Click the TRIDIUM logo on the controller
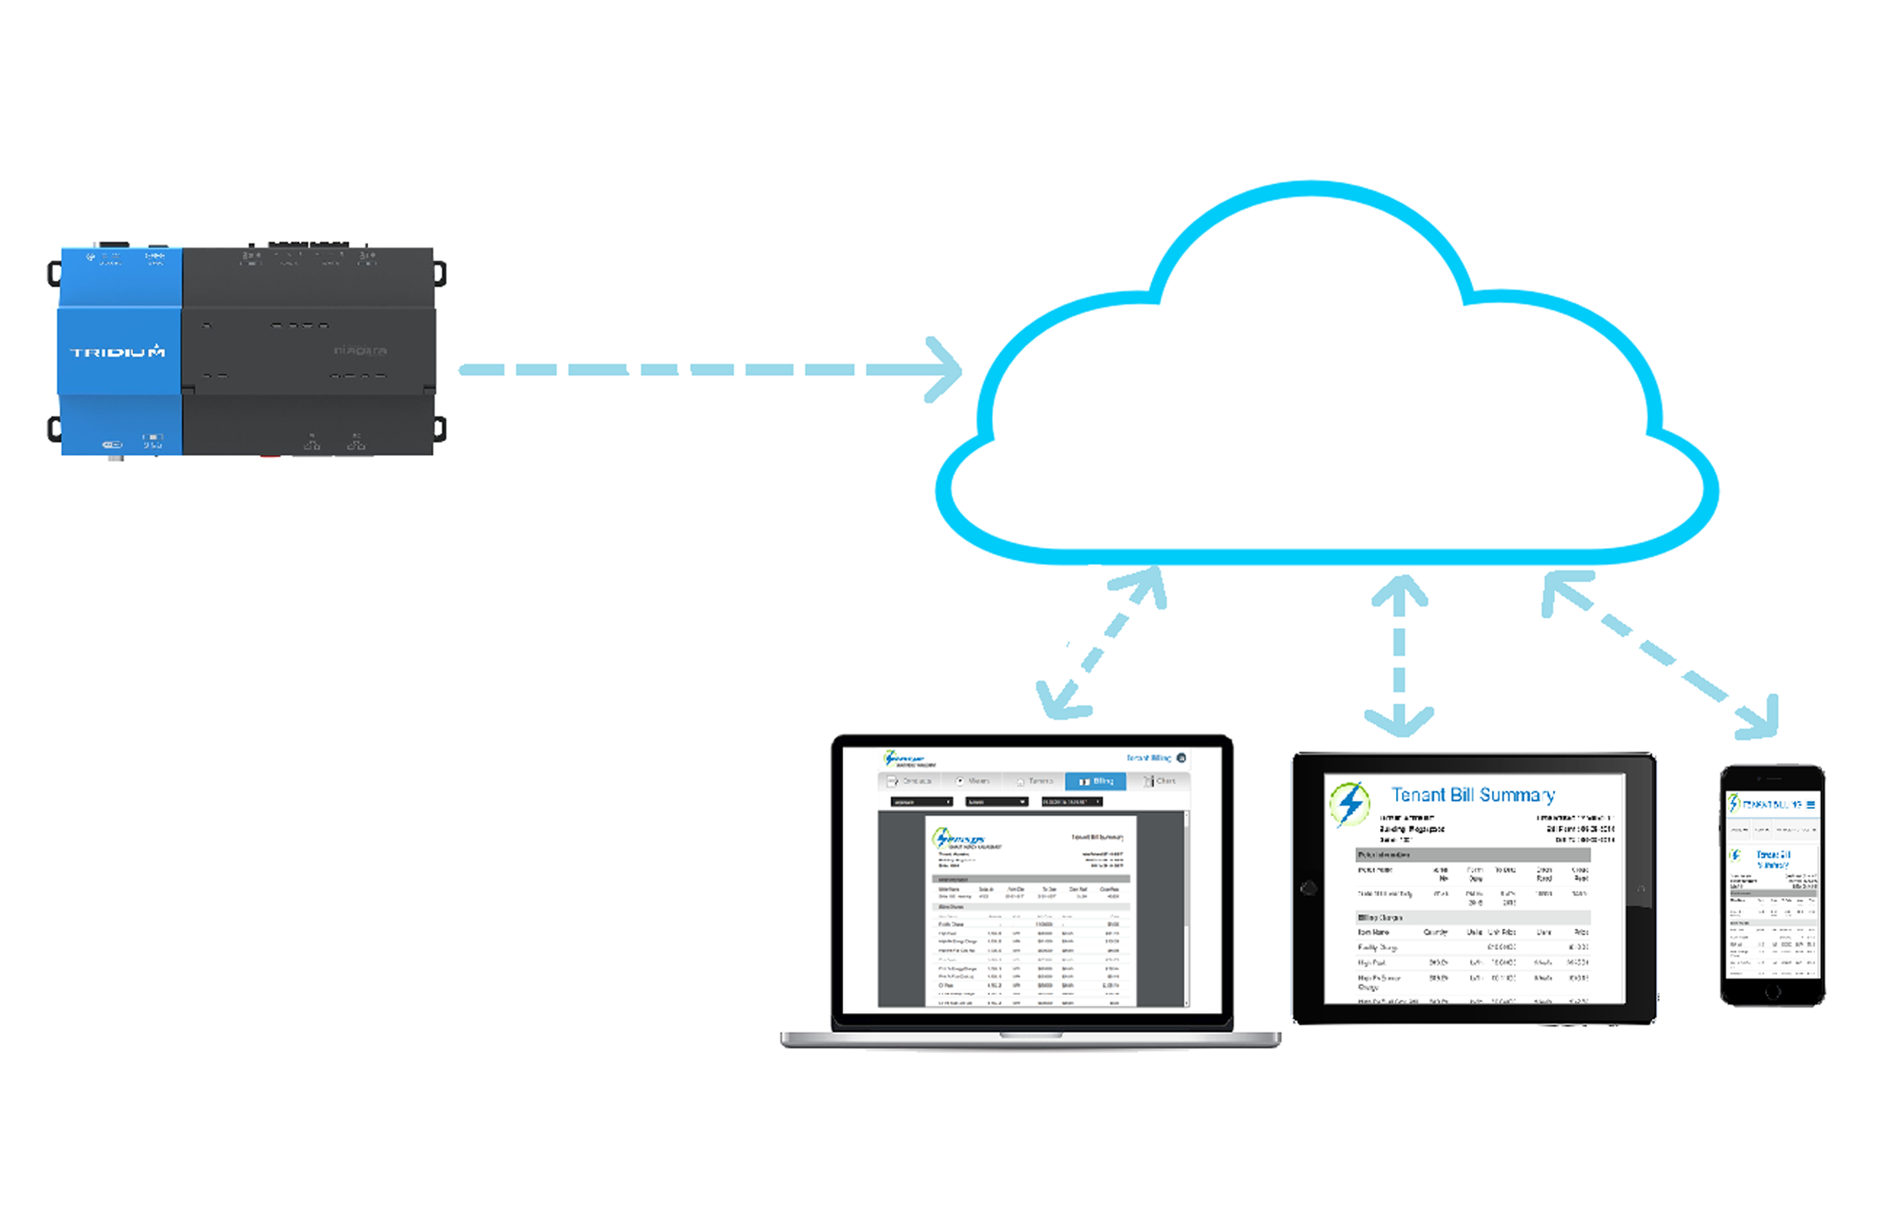point(117,351)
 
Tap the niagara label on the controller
point(361,350)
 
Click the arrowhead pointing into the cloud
point(946,370)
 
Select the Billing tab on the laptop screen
point(1095,781)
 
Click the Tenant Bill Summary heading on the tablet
point(1473,794)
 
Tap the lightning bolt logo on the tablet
point(1350,804)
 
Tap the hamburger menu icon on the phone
point(1810,805)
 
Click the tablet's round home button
point(1309,888)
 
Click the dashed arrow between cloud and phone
point(1663,656)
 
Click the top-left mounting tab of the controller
point(55,273)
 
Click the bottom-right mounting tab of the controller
point(440,429)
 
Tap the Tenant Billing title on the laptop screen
point(1148,757)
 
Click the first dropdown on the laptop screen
point(921,802)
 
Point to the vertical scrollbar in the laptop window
point(1187,908)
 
